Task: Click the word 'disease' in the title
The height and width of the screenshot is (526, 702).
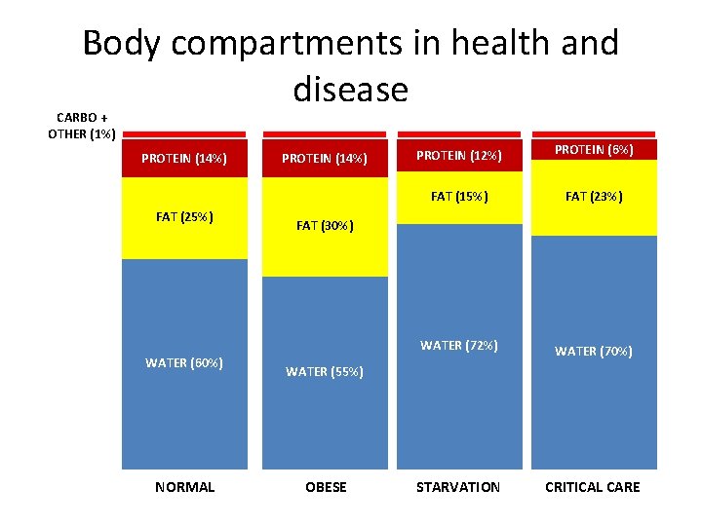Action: tap(350, 90)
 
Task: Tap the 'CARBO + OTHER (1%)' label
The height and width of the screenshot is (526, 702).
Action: tap(82, 126)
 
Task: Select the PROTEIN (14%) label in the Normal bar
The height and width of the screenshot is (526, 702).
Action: tap(184, 158)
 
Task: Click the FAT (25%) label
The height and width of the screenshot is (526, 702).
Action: tap(184, 216)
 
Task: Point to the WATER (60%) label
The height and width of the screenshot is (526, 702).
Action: tap(184, 362)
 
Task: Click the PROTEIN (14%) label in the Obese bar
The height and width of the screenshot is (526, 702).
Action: tap(325, 158)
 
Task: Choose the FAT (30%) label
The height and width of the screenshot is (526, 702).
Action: tap(325, 225)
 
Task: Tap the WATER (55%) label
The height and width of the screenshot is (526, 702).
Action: tap(325, 371)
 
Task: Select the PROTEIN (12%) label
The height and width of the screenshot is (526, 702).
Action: tap(459, 155)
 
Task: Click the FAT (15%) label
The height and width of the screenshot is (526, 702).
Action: tap(459, 196)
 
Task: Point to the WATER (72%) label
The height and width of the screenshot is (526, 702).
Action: tap(459, 345)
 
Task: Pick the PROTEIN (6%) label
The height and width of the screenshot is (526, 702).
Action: tap(594, 149)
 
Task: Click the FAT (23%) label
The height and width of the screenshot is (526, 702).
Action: tap(594, 196)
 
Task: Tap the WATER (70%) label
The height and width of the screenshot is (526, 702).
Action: tap(594, 351)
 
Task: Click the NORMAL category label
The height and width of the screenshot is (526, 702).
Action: tap(184, 486)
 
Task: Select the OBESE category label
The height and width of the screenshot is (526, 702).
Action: tap(326, 486)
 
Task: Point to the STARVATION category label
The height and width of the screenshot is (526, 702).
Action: tap(458, 486)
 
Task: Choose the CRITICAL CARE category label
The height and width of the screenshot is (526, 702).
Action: tap(593, 486)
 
